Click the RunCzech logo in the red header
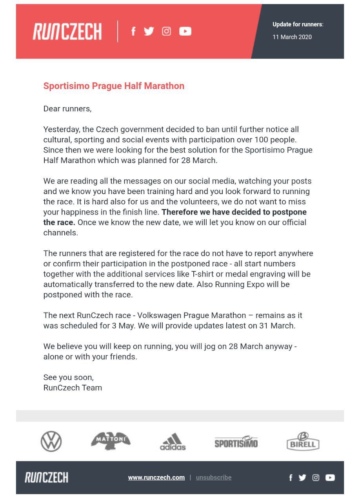pos(67,31)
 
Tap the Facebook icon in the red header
pos(133,31)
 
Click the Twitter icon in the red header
pos(149,31)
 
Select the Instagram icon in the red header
pos(166,31)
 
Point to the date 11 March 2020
pos(292,37)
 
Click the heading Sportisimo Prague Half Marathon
pos(114,86)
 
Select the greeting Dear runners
pos(67,109)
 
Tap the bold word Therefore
pos(179,212)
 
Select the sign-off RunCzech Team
pos(73,388)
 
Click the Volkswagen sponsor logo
pos(51,441)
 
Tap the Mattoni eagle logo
pos(111,441)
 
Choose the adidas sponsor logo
pos(173,442)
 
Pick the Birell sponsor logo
pos(303,441)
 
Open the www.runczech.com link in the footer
pos(156,477)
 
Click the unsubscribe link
pos(214,477)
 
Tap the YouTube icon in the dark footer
pos(330,477)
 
